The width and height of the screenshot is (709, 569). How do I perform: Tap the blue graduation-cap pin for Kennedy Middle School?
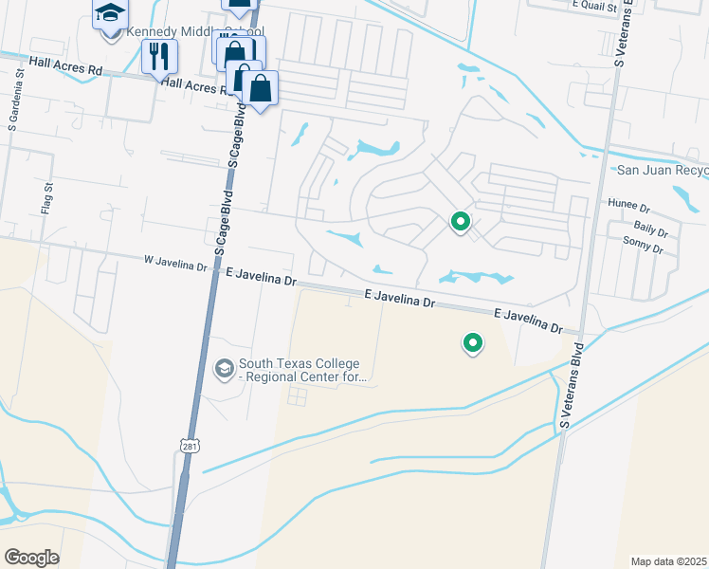pos(110,15)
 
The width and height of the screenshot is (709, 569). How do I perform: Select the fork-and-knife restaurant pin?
pos(159,57)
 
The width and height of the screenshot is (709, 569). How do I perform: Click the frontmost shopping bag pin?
pos(259,89)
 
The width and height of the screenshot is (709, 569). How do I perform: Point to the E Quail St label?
pos(594,5)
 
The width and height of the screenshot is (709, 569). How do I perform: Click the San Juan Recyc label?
pos(662,171)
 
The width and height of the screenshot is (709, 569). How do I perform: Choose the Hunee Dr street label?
pos(628,206)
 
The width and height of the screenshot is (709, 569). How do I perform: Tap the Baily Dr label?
pos(650,229)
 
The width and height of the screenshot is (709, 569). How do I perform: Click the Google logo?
pos(31,558)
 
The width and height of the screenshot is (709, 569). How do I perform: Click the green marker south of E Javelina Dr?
pos(472,342)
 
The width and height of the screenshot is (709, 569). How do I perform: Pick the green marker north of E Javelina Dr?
pos(461,222)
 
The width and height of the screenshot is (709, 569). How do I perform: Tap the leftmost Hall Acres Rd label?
pos(65,65)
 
